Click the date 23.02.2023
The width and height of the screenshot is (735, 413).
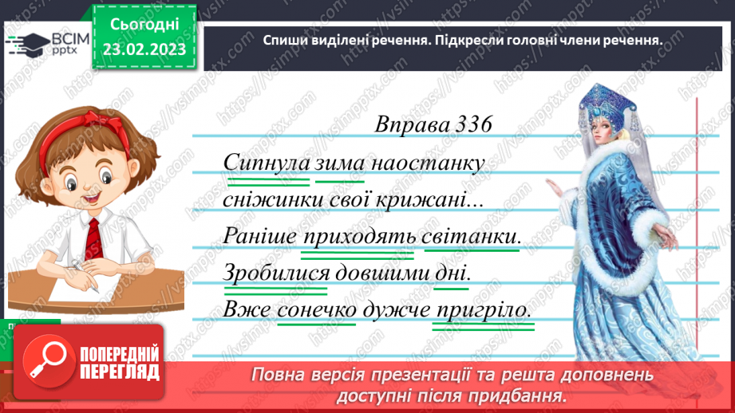[x=144, y=49]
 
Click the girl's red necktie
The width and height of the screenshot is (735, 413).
[x=94, y=239]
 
